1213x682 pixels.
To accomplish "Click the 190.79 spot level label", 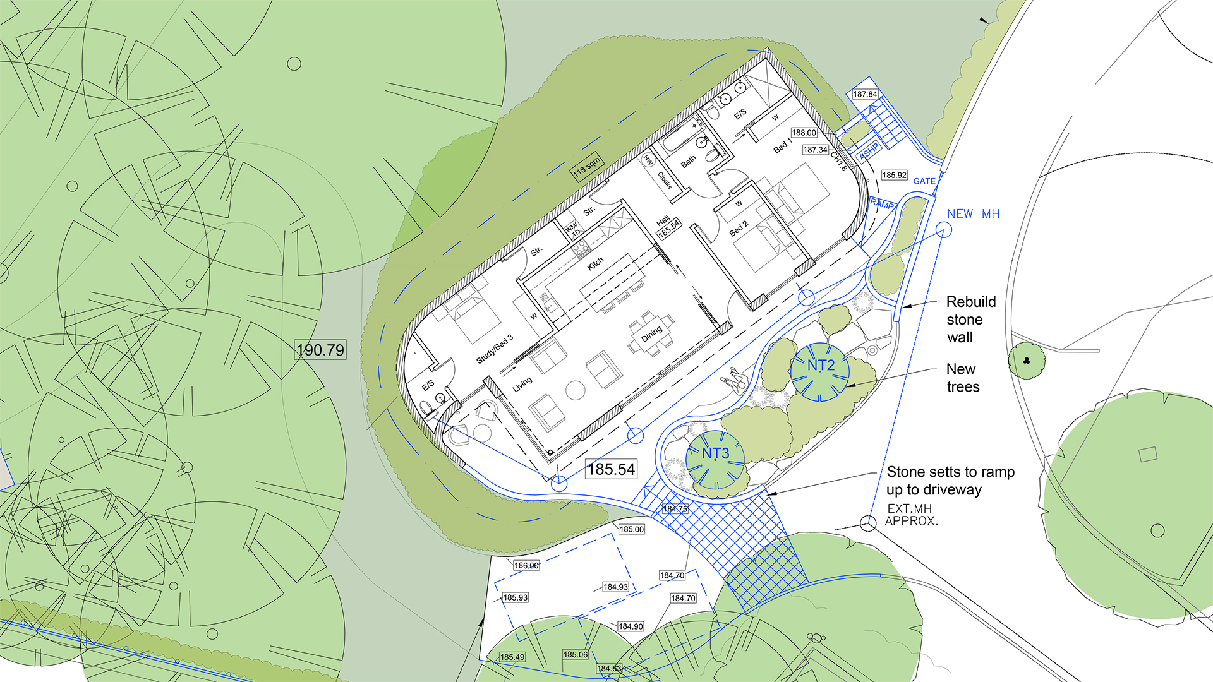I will click(x=320, y=350).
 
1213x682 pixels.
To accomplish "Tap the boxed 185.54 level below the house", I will click(x=611, y=469).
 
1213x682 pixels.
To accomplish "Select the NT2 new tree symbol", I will click(x=820, y=372).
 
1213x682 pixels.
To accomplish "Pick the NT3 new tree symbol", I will click(x=715, y=459).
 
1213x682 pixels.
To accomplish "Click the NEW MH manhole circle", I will click(x=943, y=231).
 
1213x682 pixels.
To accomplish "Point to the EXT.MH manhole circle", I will click(x=868, y=523).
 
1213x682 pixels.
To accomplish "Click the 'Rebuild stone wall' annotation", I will click(x=970, y=320).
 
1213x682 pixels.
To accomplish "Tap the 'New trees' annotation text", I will click(x=962, y=378).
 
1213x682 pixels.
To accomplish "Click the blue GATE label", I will click(x=924, y=181).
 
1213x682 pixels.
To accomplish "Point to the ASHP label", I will click(x=869, y=152).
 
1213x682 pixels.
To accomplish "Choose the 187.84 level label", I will click(x=865, y=94).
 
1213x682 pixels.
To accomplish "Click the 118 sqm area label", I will click(x=587, y=167).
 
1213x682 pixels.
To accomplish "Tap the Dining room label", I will click(x=652, y=333).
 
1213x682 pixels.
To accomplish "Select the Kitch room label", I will click(x=595, y=264).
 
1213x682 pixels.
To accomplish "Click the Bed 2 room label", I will click(x=739, y=229).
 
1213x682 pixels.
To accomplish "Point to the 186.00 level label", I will click(x=526, y=565).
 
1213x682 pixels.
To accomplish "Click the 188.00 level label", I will click(x=804, y=133).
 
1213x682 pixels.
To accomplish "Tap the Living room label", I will click(x=522, y=384).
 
